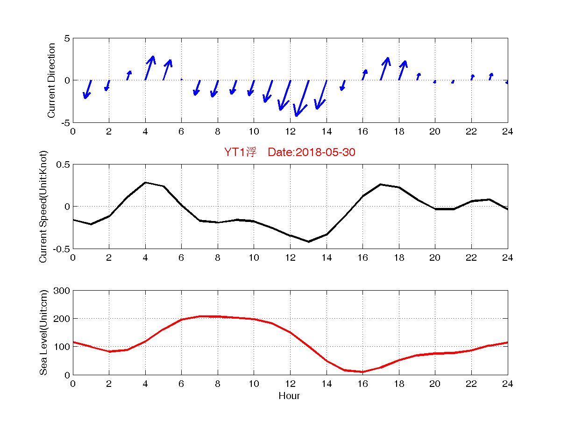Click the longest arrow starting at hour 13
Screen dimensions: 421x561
pyautogui.click(x=302, y=98)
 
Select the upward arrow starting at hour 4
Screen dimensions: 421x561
pyautogui.click(x=149, y=68)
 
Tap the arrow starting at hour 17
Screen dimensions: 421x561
pyautogui.click(x=385, y=69)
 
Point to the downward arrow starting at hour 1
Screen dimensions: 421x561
pyautogui.click(x=87, y=89)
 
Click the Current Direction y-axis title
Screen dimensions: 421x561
pyautogui.click(x=52, y=80)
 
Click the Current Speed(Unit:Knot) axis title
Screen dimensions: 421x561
pyautogui.click(x=44, y=206)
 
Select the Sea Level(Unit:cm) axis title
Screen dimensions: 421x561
pyautogui.click(x=44, y=333)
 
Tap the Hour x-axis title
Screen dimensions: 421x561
pyautogui.click(x=289, y=396)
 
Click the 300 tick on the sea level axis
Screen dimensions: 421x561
pyautogui.click(x=62, y=291)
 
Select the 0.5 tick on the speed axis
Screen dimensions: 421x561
pyautogui.click(x=63, y=164)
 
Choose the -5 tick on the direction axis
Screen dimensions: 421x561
pyautogui.click(x=64, y=122)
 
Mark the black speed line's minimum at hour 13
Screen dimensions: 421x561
pyautogui.click(x=308, y=242)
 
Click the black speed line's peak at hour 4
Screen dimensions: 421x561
pyautogui.click(x=145, y=183)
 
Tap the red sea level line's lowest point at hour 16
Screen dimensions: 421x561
pyautogui.click(x=362, y=372)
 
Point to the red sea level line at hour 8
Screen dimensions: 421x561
pyautogui.click(x=218, y=316)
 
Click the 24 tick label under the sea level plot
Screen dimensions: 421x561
pyautogui.click(x=507, y=384)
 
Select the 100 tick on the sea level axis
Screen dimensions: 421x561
pyautogui.click(x=62, y=347)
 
